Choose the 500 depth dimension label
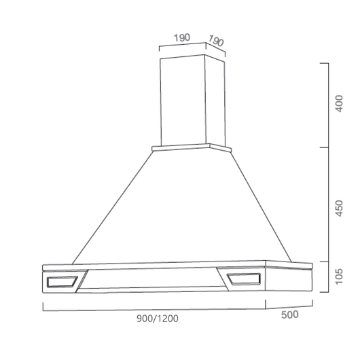click(290, 314)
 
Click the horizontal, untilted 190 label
click(181, 38)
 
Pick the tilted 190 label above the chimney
click(215, 41)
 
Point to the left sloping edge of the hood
click(112, 207)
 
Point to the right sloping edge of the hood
click(262, 207)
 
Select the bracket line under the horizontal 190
click(181, 47)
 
